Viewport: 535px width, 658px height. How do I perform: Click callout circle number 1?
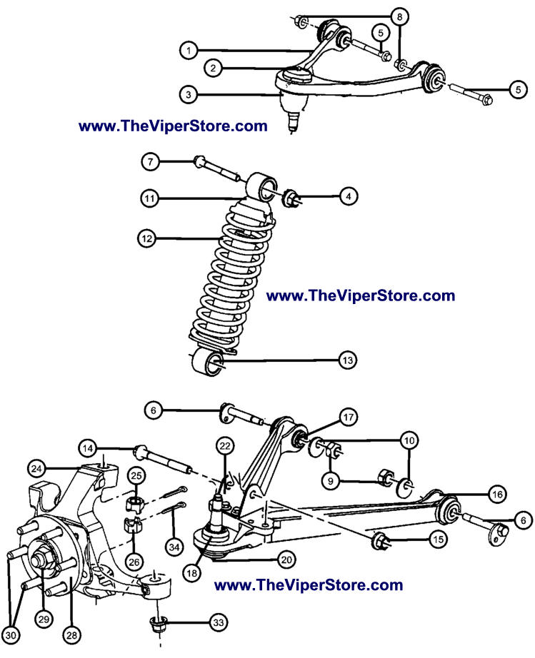pyautogui.click(x=189, y=51)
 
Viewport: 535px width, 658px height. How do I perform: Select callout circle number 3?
pyautogui.click(x=189, y=93)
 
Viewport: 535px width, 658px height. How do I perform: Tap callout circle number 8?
pyautogui.click(x=399, y=16)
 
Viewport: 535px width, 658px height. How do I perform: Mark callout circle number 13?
pyautogui.click(x=348, y=362)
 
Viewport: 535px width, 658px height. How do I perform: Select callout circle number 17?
pyautogui.click(x=348, y=417)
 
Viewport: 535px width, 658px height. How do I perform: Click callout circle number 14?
pyautogui.click(x=89, y=449)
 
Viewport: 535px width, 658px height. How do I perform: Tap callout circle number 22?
pyautogui.click(x=225, y=446)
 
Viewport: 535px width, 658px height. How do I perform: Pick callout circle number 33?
pyautogui.click(x=217, y=622)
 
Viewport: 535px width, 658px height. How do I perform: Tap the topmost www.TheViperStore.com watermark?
pyautogui.click(x=173, y=126)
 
